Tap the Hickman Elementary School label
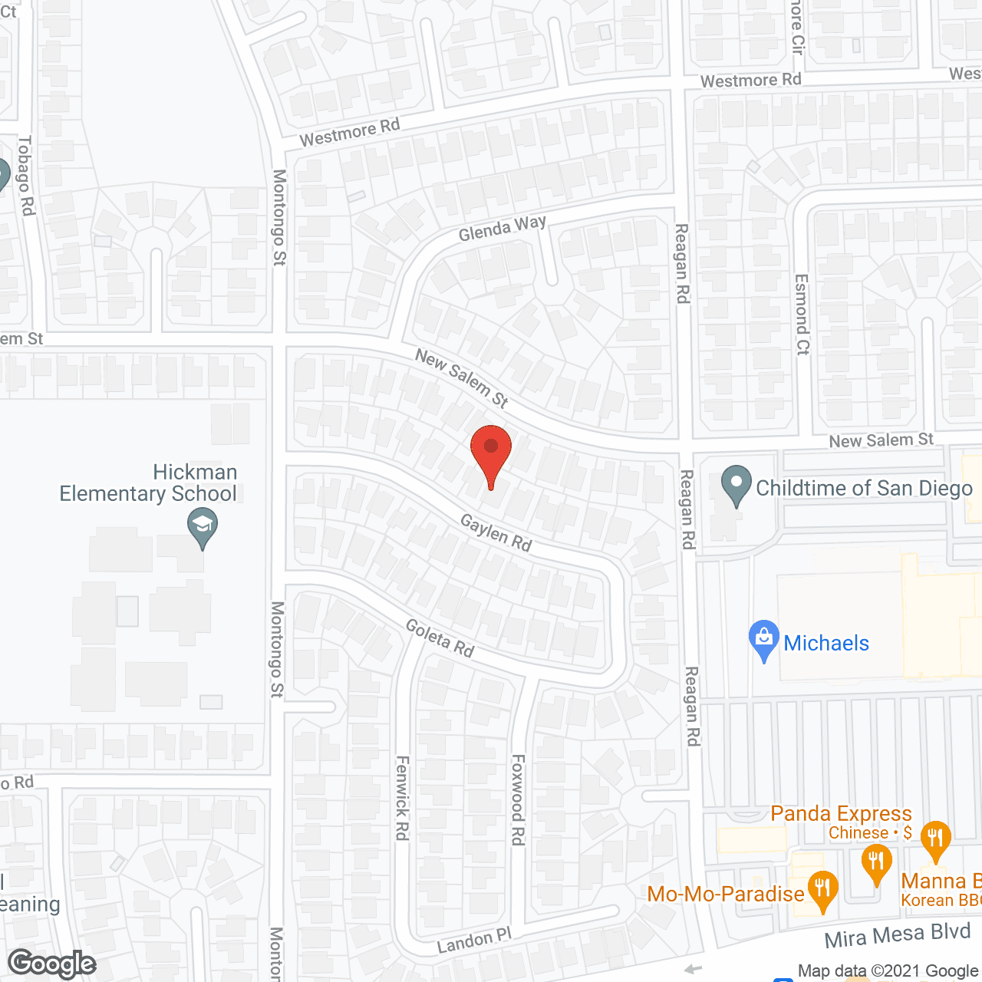point(148,483)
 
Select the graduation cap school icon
point(203,526)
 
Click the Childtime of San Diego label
point(864,488)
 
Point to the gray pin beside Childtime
point(736,485)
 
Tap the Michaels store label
point(826,643)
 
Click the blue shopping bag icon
point(763,638)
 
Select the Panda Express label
point(841,813)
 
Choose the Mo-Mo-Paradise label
point(726,894)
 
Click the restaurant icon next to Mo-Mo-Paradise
point(822,890)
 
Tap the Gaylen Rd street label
point(496,532)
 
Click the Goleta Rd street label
point(440,638)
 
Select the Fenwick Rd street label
point(402,798)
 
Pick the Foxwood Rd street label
point(519,799)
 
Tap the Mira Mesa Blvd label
point(898,935)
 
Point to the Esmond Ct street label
point(802,315)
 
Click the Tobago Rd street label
point(26,175)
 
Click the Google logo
point(52,964)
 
